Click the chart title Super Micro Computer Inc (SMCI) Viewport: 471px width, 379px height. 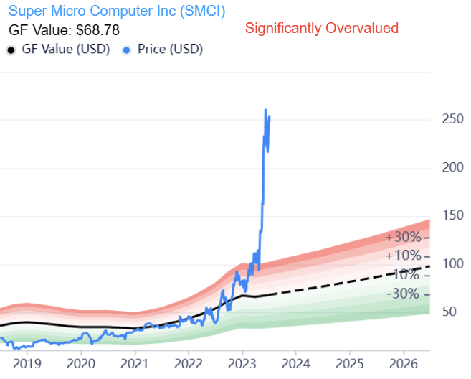click(x=115, y=11)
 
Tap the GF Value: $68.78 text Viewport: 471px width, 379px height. click(x=64, y=30)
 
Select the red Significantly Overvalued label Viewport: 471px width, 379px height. click(x=321, y=29)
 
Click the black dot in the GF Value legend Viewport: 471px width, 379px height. click(x=11, y=50)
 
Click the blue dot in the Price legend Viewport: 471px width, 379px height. click(x=127, y=50)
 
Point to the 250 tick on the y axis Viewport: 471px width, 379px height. click(x=452, y=119)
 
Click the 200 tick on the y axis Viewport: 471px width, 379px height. click(x=452, y=167)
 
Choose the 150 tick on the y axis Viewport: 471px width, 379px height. click(x=452, y=216)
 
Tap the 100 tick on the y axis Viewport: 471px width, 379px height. click(x=452, y=264)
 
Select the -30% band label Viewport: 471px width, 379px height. click(x=403, y=294)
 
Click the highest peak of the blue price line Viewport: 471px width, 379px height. click(x=266, y=110)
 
